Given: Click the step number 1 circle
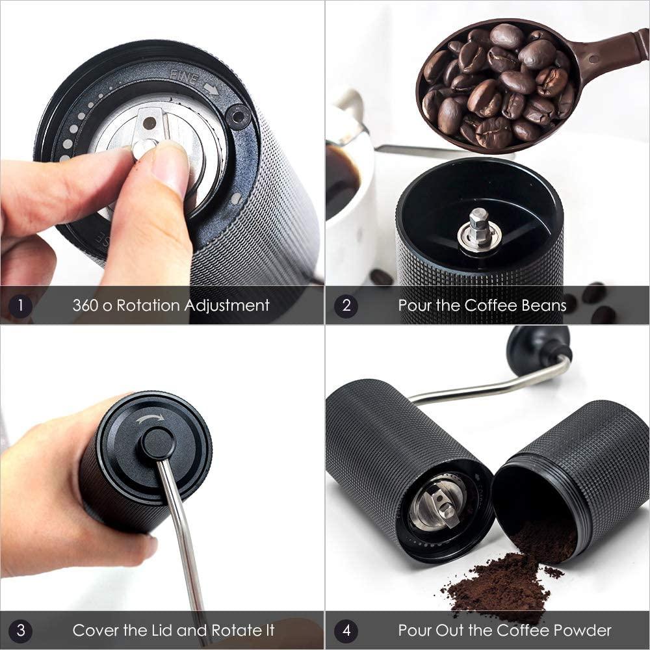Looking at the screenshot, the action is pyautogui.click(x=20, y=305).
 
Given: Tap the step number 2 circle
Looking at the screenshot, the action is pyautogui.click(x=346, y=305).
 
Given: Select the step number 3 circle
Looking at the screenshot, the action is pyautogui.click(x=20, y=630).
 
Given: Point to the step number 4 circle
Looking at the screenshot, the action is pyautogui.click(x=346, y=630).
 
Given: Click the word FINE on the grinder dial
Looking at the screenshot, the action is pyautogui.click(x=185, y=77).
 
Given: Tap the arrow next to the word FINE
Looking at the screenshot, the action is pyautogui.click(x=211, y=88).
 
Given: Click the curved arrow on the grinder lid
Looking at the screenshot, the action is pyautogui.click(x=149, y=419).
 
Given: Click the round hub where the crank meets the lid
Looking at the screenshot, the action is pyautogui.click(x=158, y=443).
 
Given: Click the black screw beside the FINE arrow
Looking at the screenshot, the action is pyautogui.click(x=239, y=117).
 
